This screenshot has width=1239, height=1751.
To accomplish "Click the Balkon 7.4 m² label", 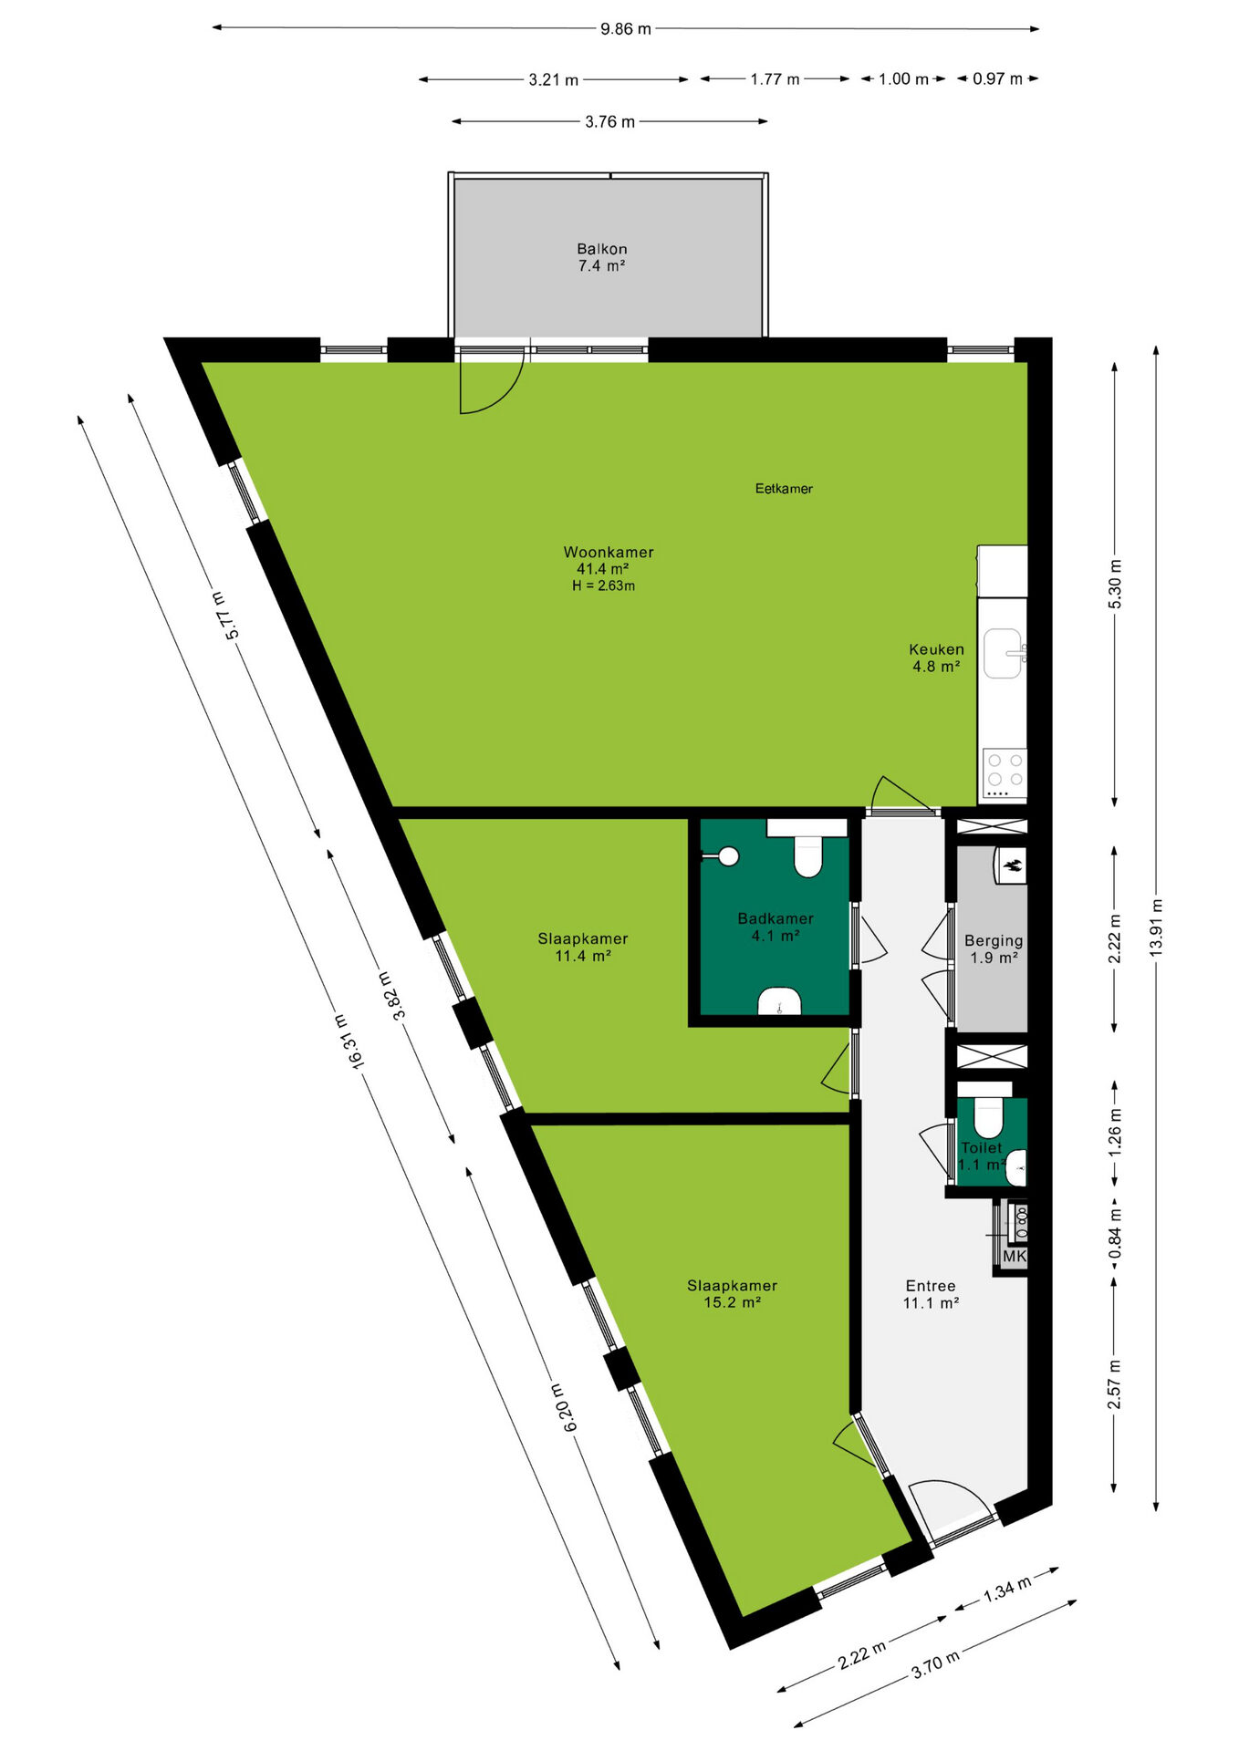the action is tap(602, 257).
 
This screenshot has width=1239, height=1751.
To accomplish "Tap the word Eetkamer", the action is tap(784, 489).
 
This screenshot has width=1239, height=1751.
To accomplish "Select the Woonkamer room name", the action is tap(609, 552).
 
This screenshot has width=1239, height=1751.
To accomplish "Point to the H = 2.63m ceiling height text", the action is tap(604, 585).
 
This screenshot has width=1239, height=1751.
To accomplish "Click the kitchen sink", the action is tap(1004, 653).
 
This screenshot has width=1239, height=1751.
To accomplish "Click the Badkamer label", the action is tap(776, 918).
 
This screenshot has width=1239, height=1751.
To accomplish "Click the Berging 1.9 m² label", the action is tap(994, 948).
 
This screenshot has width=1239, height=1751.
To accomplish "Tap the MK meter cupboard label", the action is tap(1015, 1256).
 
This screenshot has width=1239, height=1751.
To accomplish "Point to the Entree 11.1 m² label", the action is tap(931, 1294).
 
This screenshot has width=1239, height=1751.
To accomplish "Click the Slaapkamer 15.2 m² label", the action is tap(732, 1294).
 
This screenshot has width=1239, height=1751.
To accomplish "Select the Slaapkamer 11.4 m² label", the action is tap(583, 947).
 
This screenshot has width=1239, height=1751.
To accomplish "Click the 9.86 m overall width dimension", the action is tap(626, 28).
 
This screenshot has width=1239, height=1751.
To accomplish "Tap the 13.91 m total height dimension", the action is tap(1156, 928).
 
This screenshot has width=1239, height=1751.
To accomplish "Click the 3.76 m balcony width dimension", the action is tap(609, 121).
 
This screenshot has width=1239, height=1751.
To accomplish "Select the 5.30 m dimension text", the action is tap(1115, 584).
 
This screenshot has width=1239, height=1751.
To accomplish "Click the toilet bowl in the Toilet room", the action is tap(989, 1118).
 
